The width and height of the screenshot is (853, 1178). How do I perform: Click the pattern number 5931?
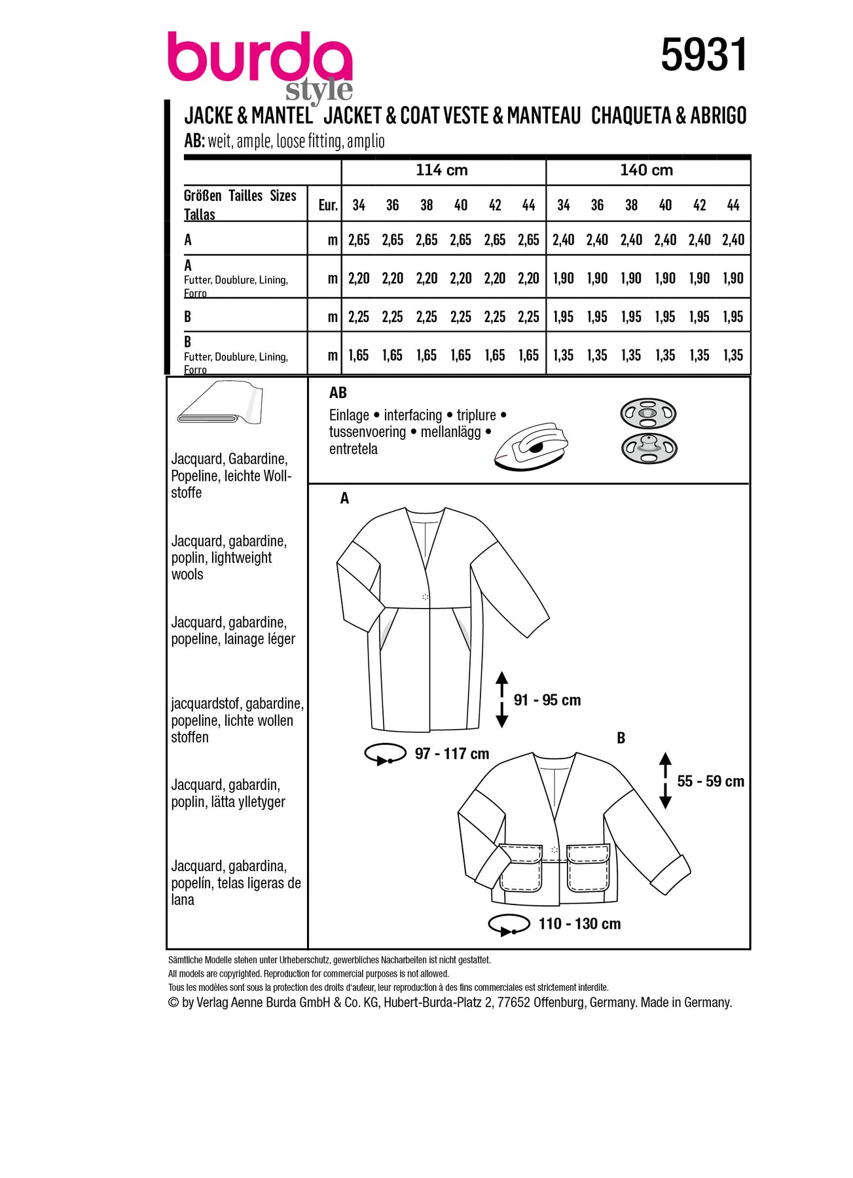(703, 55)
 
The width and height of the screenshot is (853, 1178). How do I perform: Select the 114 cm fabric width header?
(442, 170)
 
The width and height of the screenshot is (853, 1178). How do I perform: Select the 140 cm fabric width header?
(646, 170)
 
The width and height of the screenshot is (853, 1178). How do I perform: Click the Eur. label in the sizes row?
(328, 205)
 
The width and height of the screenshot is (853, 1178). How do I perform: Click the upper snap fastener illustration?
(647, 414)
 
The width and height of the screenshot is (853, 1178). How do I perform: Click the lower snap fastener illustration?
(647, 448)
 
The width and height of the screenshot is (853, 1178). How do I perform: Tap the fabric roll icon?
(220, 403)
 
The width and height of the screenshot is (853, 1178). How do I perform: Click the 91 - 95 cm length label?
(547, 700)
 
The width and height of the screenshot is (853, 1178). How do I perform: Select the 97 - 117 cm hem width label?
(452, 754)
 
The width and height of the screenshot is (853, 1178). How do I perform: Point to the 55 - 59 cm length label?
(710, 781)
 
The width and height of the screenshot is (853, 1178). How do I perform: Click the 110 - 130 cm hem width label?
(579, 924)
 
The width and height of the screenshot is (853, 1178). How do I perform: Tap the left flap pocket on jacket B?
(521, 868)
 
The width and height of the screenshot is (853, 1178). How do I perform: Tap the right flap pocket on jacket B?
(588, 868)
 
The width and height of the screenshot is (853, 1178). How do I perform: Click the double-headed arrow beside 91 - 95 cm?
(501, 700)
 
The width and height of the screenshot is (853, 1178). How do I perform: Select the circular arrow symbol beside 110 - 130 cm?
(509, 924)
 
